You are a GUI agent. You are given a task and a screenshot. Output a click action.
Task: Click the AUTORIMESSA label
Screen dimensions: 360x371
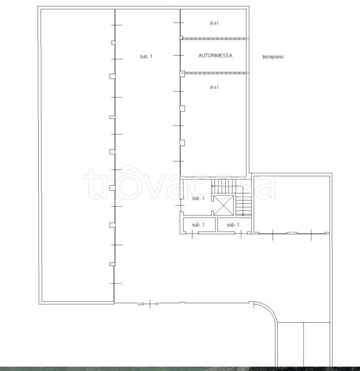[x=216, y=56]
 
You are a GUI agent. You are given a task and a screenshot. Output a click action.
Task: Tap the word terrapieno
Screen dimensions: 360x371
[x=273, y=57]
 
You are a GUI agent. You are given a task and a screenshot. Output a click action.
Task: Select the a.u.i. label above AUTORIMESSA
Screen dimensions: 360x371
[x=215, y=23]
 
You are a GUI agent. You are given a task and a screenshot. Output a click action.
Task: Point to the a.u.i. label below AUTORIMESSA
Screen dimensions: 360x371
[x=215, y=87]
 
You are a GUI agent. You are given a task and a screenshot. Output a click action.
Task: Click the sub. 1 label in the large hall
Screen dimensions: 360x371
[x=146, y=57]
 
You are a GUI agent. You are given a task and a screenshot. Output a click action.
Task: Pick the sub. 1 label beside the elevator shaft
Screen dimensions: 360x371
[x=198, y=198]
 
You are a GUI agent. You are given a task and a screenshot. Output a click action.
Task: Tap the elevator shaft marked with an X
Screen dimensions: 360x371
[x=224, y=205]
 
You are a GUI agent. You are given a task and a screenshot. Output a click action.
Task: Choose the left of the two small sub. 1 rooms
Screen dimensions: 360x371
[x=199, y=225]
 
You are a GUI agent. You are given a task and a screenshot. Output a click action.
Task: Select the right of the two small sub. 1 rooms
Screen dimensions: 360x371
[x=234, y=225]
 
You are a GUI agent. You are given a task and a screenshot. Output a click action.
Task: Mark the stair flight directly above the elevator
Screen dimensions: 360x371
[x=224, y=186]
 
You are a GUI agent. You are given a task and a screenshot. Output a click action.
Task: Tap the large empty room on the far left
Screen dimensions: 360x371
[x=78, y=156]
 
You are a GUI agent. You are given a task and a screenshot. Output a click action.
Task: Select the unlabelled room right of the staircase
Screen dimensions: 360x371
[x=291, y=204]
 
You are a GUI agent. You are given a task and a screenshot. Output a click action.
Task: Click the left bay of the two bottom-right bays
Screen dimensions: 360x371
[x=290, y=344]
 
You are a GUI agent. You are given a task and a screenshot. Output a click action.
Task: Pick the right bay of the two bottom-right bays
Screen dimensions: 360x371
[x=317, y=344]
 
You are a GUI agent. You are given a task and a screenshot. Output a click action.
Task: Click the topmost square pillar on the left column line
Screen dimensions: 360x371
[x=114, y=43]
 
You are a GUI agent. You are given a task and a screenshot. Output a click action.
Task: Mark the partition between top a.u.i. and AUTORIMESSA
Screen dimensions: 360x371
[x=215, y=38]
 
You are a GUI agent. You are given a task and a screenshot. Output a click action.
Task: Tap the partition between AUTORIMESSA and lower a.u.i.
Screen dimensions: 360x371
[x=215, y=73]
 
